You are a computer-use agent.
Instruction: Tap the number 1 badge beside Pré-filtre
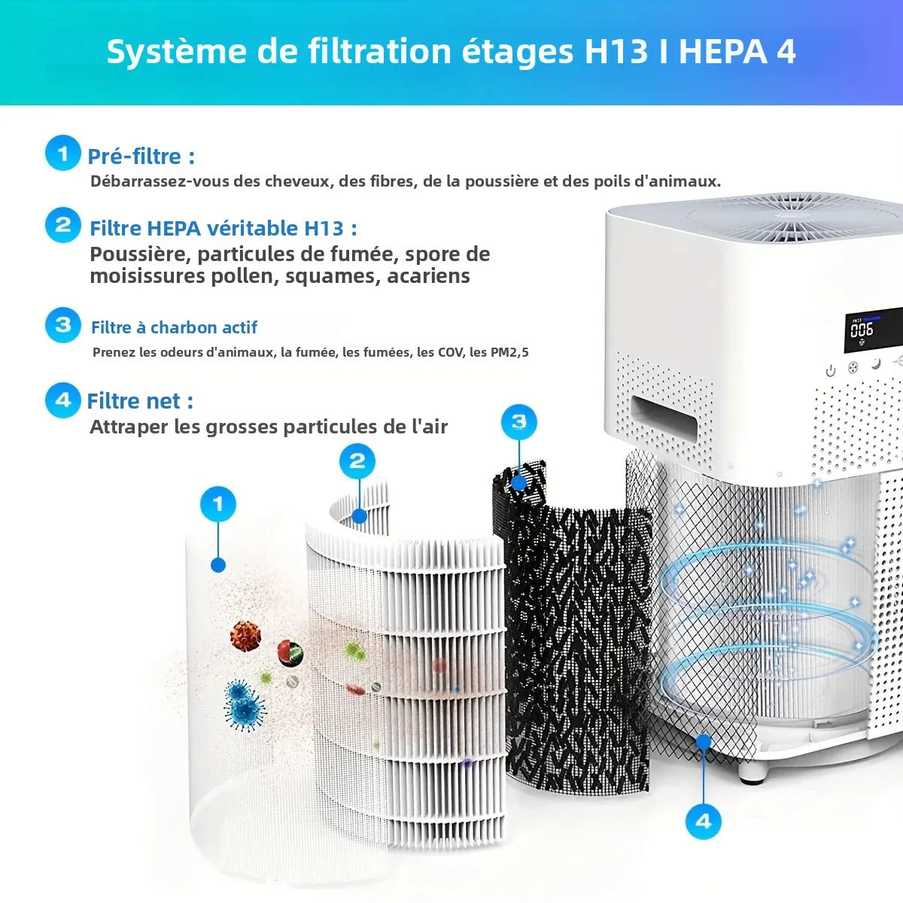62,154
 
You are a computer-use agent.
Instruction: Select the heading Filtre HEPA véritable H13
223,228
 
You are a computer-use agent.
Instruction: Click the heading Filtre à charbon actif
174,327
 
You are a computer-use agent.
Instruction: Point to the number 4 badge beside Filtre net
62,400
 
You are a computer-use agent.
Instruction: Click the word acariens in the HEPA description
428,276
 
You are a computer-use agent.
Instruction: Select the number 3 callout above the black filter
518,421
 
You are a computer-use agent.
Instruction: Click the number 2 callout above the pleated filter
357,461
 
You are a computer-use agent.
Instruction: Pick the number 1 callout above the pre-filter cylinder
218,503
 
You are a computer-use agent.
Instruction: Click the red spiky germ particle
245,637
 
